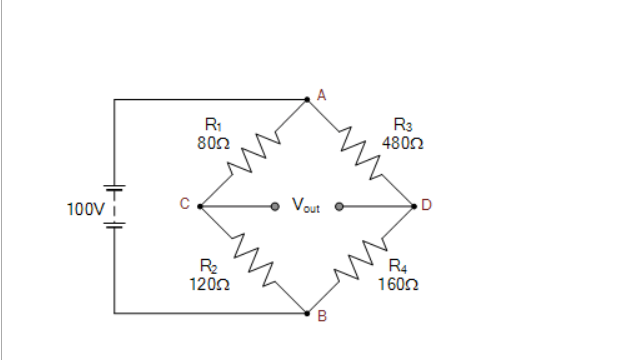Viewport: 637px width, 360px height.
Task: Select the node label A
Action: tap(321, 95)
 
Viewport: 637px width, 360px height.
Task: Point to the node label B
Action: tap(321, 319)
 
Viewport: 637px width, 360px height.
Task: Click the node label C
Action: tap(184, 204)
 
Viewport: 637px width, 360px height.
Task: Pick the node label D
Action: tap(427, 206)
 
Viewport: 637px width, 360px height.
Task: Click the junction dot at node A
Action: tap(308, 99)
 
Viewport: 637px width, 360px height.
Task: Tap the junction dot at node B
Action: tap(308, 313)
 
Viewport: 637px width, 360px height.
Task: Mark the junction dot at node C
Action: tap(200, 207)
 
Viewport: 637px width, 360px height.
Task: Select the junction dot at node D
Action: tap(415, 207)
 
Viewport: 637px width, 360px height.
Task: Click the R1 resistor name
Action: tap(212, 126)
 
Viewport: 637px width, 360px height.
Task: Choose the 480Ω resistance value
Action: tap(402, 143)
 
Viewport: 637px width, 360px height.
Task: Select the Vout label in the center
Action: tap(306, 206)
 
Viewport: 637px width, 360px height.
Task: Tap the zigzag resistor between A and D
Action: tap(362, 153)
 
